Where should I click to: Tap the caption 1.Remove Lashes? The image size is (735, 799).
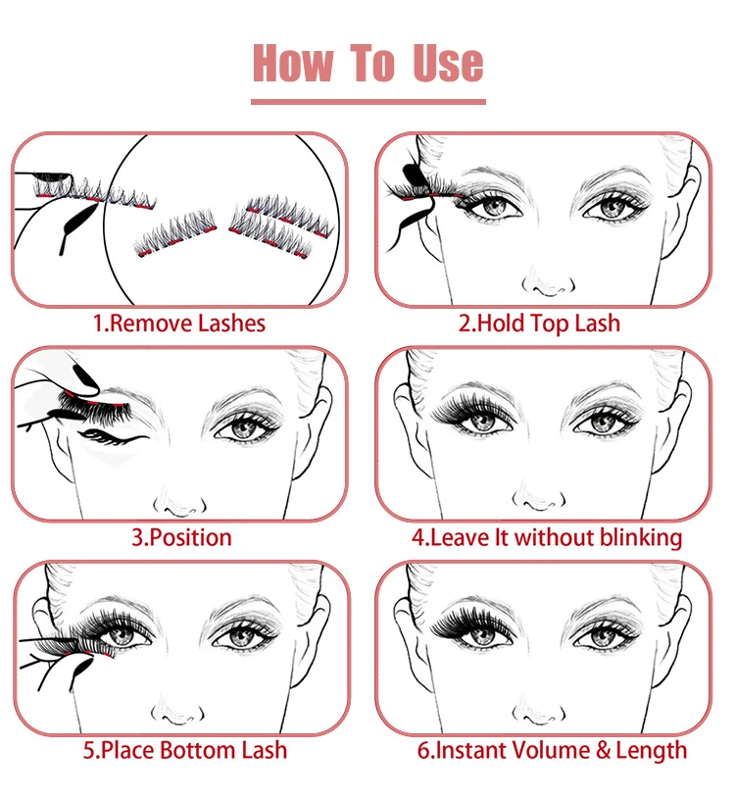pyautogui.click(x=179, y=323)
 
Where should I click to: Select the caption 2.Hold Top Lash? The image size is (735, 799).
pyautogui.click(x=539, y=323)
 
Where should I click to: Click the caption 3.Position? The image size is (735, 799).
pyautogui.click(x=181, y=537)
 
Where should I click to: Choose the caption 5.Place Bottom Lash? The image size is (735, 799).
pyautogui.click(x=184, y=751)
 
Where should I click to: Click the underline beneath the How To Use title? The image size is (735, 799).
pyautogui.click(x=367, y=100)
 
